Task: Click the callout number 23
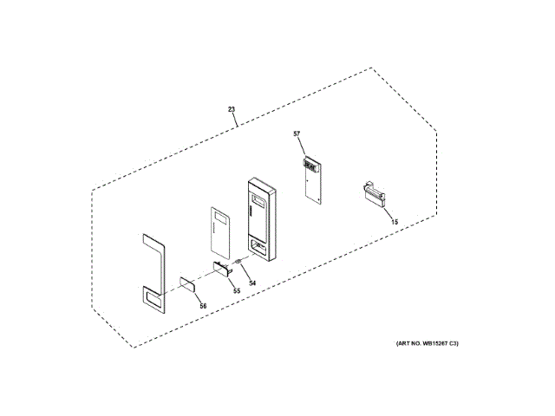point(232,109)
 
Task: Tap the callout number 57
point(297,133)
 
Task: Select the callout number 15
point(395,222)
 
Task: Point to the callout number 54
point(252,283)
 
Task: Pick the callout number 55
point(236,290)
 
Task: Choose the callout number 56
point(202,305)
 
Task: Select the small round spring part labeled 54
point(239,263)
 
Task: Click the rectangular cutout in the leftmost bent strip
point(153,300)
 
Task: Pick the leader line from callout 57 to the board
point(302,147)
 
